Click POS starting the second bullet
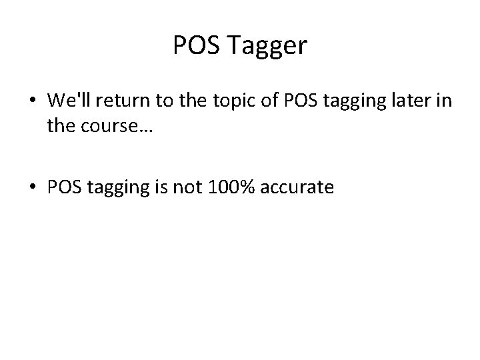[64, 188]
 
